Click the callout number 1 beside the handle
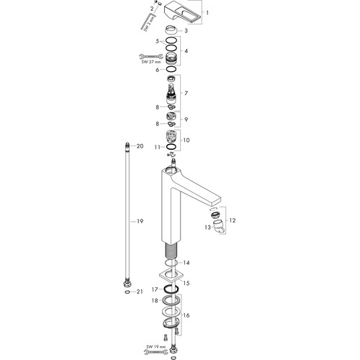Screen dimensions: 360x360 click(207, 12)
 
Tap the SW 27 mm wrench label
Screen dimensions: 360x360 click(151, 62)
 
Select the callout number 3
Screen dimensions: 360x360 click(186, 31)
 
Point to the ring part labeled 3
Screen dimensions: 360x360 click(171, 30)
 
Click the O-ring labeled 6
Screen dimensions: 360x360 click(171, 69)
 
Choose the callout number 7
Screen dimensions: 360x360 click(186, 93)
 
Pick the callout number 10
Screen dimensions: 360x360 click(186, 140)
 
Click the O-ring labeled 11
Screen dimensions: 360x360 click(172, 147)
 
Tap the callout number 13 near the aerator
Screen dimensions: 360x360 click(207, 227)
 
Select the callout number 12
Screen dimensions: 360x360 click(233, 220)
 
